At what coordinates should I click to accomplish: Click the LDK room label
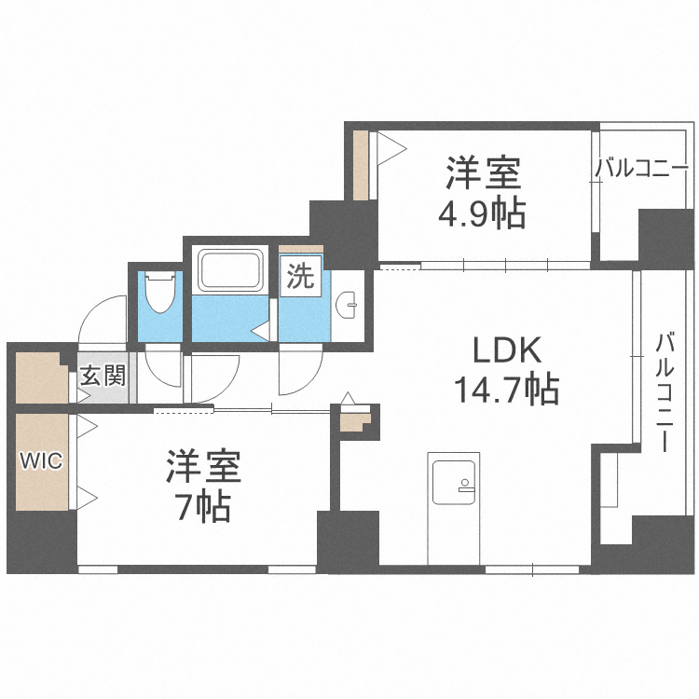[x=507, y=350]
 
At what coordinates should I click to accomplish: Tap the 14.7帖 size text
[x=506, y=388]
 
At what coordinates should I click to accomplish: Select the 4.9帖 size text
[x=482, y=213]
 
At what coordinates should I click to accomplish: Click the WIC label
[x=42, y=461]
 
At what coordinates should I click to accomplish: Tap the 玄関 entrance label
[x=102, y=377]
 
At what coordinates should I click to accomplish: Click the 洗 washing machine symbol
[x=300, y=277]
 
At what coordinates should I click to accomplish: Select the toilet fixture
[x=161, y=293]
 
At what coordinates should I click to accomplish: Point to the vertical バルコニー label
[x=665, y=391]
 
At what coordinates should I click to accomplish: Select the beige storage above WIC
[x=40, y=375]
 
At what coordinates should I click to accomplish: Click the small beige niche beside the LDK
[x=355, y=420]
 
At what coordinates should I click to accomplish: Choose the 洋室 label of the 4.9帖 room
[x=482, y=174]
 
